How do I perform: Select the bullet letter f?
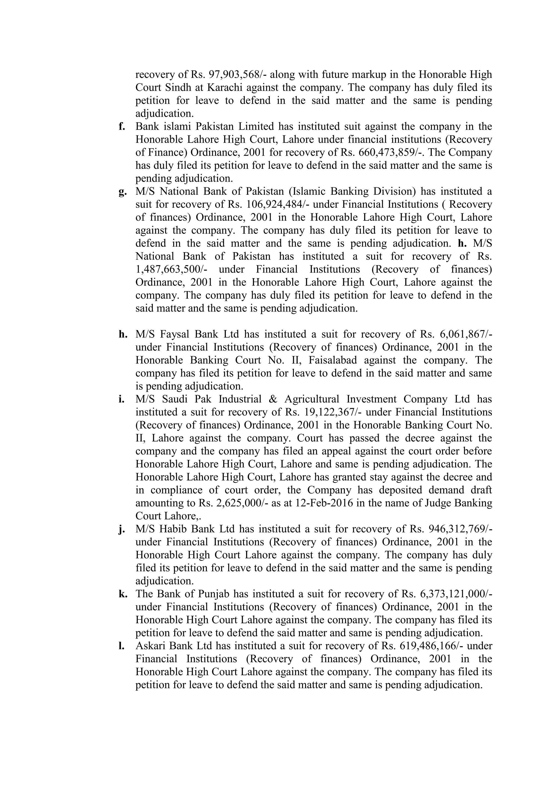[x=122, y=126]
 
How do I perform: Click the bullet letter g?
[x=122, y=192]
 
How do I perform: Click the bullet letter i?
[x=121, y=399]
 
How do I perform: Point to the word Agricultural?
[x=312, y=399]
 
